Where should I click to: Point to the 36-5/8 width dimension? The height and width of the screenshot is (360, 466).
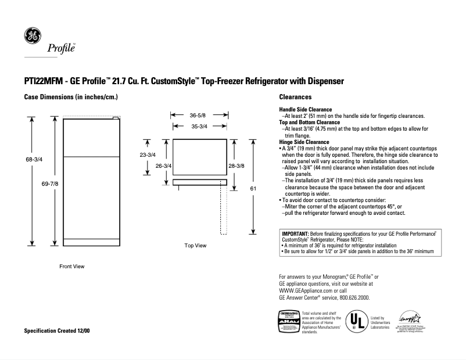199,116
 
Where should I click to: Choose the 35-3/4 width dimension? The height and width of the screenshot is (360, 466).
199,126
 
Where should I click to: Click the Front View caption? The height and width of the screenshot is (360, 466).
72,267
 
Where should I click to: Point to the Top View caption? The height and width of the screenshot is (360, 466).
195,246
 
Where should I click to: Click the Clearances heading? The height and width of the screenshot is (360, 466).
295,97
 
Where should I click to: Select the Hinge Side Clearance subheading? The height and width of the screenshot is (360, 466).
304,142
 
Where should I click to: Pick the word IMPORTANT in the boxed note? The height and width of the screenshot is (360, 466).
298,233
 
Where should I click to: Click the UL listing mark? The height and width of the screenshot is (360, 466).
357,322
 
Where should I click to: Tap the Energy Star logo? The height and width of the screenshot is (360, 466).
406,319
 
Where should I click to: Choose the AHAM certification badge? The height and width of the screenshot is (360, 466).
289,322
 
